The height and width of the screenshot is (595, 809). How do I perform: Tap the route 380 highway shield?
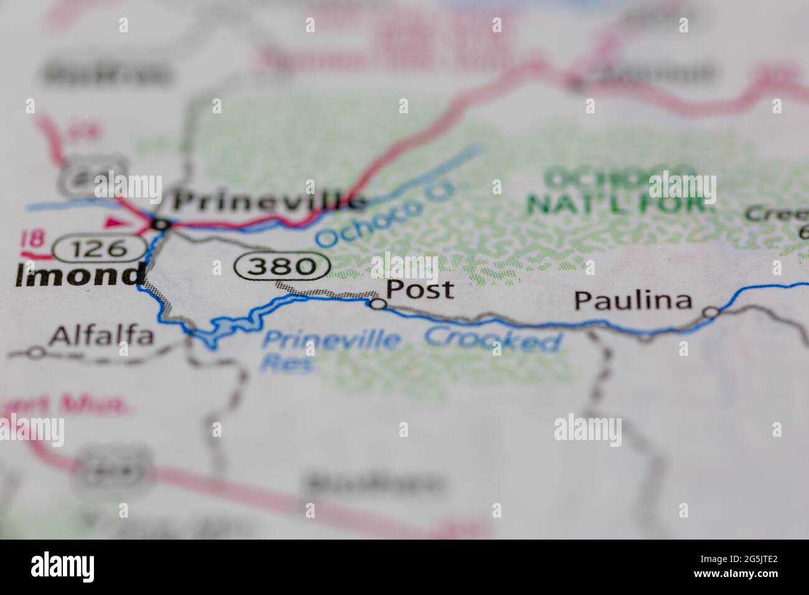click(x=283, y=266)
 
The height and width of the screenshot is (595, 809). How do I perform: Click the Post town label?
click(x=419, y=289)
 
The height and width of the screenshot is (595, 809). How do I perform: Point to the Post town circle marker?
click(x=377, y=304)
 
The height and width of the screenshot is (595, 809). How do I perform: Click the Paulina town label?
click(x=633, y=301)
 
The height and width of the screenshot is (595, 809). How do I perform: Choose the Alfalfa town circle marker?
click(x=36, y=353)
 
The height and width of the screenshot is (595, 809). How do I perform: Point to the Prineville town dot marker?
click(x=161, y=223)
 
